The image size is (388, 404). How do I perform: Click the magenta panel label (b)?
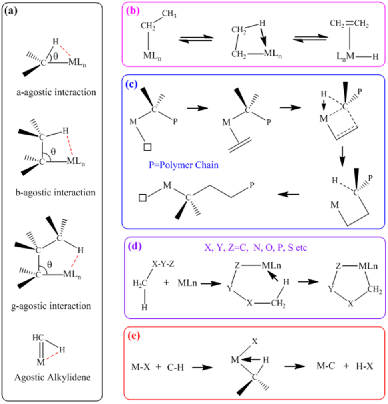pos(132,12)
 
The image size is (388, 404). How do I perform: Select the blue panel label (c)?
pos(132,85)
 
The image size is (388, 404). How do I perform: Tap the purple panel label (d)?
pos(134,245)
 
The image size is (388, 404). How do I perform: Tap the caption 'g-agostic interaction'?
pos(52,306)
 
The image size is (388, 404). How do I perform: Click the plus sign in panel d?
pos(167,283)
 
